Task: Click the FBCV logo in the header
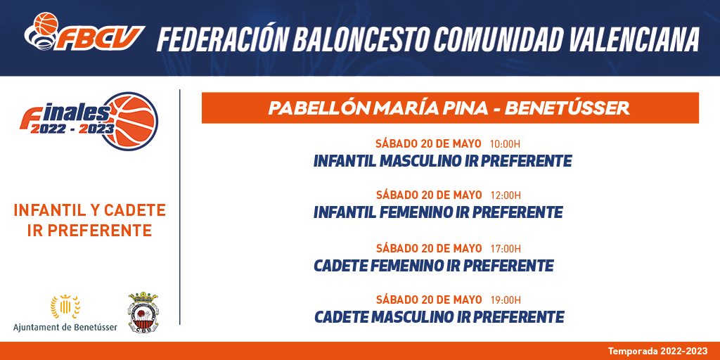coord(84,32)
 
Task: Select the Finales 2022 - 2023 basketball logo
coord(89,121)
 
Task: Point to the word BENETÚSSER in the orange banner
coord(567,108)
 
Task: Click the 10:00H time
coord(505,144)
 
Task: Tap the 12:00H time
coord(506,195)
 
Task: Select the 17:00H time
coord(506,249)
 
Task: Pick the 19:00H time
coord(506,300)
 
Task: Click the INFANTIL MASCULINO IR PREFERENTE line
coord(443,161)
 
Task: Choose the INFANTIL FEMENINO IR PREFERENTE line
coord(438,212)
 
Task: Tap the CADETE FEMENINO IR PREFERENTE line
coord(433,265)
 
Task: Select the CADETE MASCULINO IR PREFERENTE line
coord(439,317)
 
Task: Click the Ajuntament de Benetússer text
coord(65,327)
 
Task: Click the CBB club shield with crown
coord(143,311)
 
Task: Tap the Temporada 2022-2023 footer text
coord(658,352)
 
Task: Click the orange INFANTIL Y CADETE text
coord(89,210)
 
